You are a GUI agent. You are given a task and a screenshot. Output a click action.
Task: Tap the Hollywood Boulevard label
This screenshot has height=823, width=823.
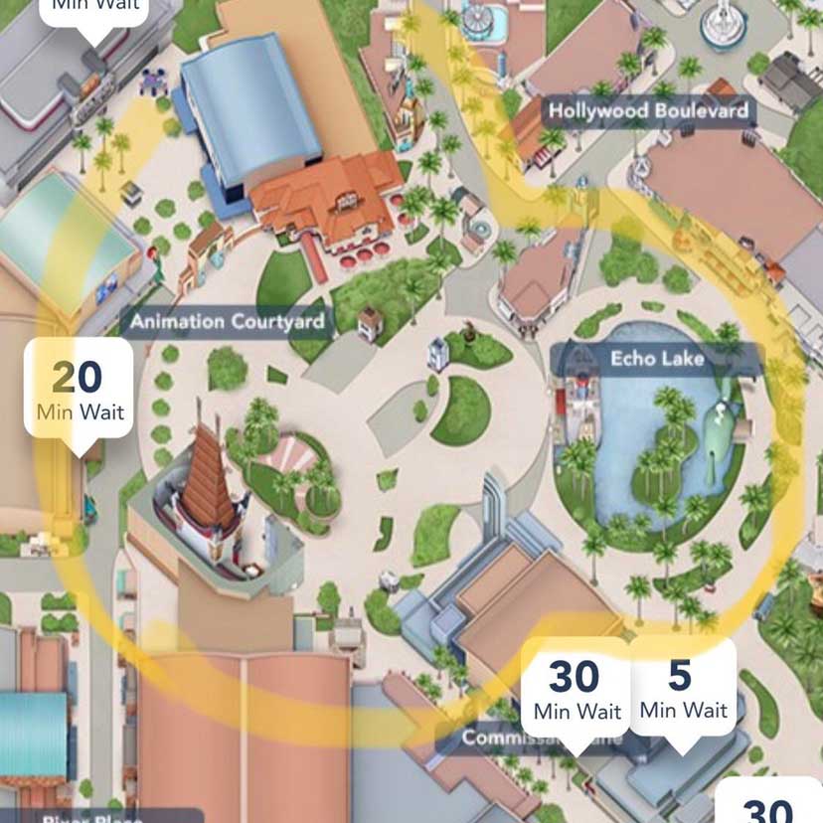648,110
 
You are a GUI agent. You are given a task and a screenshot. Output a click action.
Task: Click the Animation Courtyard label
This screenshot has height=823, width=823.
228,321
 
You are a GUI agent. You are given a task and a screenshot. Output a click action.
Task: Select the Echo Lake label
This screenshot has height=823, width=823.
657,357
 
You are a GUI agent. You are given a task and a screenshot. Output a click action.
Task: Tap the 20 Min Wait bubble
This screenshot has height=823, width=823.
79,390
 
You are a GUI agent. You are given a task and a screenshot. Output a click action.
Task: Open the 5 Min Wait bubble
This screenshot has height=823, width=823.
683,688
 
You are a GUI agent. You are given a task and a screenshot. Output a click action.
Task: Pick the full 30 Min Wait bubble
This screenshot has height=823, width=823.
576,688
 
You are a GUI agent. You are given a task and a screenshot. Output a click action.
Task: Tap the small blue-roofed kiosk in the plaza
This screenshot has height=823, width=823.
437,353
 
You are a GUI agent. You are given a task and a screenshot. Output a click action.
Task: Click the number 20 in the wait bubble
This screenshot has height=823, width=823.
77,377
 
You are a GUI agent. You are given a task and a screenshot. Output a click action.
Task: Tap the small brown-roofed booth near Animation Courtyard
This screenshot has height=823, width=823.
370,320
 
